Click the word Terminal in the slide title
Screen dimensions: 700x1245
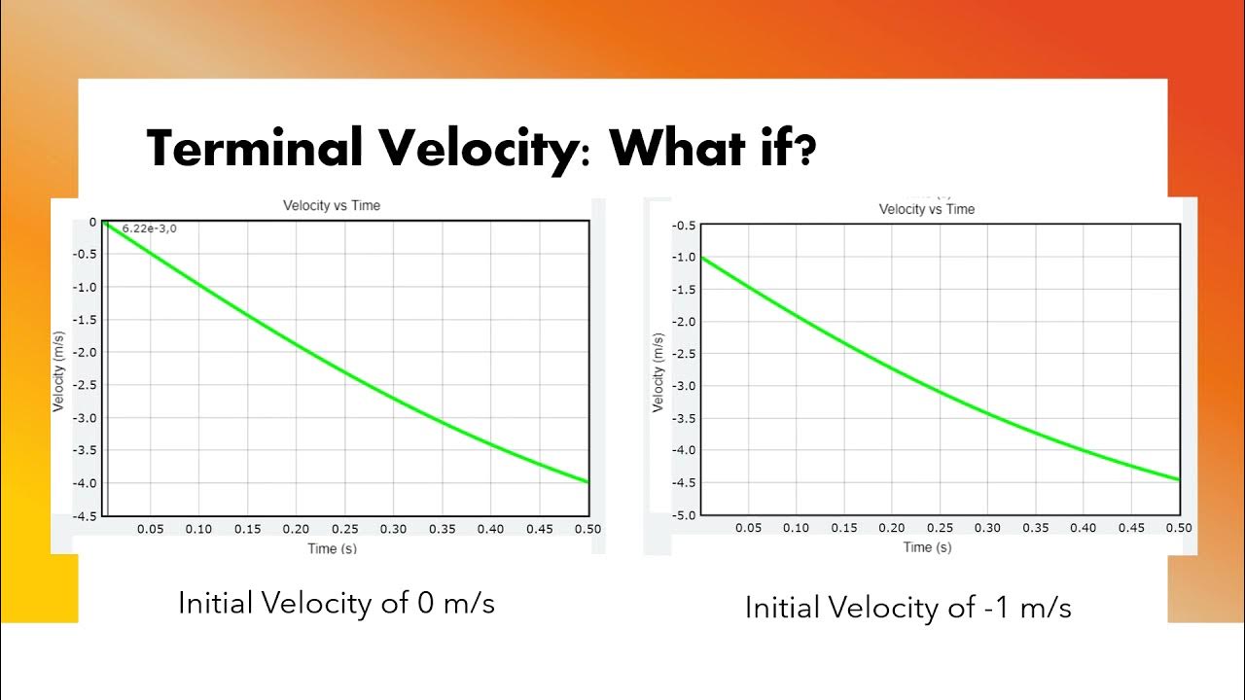click(x=254, y=150)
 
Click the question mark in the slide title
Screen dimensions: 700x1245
click(x=802, y=150)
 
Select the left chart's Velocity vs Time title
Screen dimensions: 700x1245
click(x=332, y=205)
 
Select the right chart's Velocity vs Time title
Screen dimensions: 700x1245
click(x=926, y=209)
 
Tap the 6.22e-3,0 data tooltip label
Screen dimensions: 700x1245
click(x=149, y=228)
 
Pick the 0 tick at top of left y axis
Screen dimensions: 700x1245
click(x=92, y=222)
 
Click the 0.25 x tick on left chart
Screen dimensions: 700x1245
click(x=344, y=529)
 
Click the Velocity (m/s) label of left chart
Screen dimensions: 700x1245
click(x=58, y=368)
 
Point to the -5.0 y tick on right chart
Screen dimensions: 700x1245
click(x=684, y=514)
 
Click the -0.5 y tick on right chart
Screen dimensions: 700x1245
click(x=684, y=226)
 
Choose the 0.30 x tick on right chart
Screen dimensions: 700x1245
click(x=987, y=528)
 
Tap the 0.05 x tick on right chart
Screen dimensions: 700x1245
click(x=748, y=528)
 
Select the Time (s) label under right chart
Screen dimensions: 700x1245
click(x=927, y=547)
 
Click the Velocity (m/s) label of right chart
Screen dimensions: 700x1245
click(x=658, y=371)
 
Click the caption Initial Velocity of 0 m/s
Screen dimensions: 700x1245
click(x=337, y=603)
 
